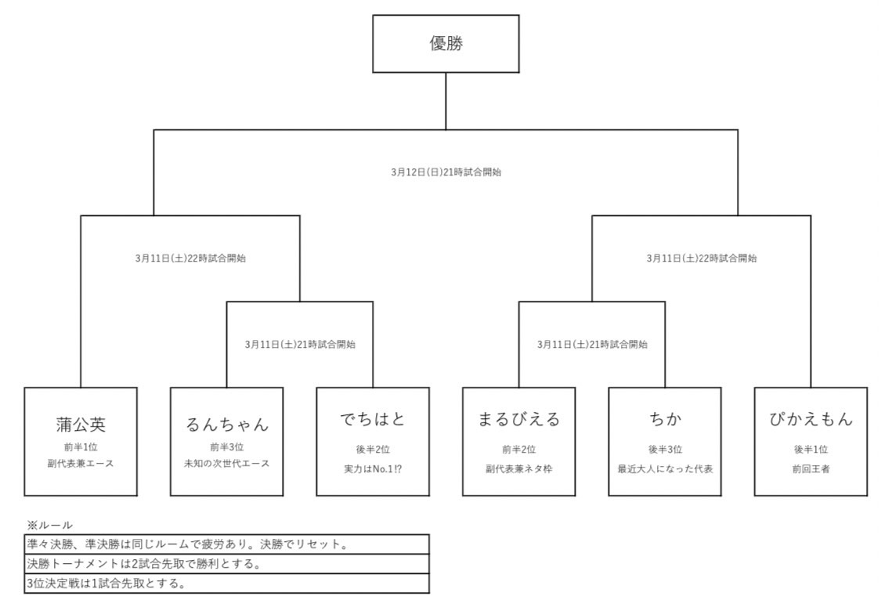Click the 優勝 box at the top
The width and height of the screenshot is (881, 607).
coord(446,44)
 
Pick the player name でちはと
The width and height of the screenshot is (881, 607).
coord(372,421)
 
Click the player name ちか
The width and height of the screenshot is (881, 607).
coord(664,420)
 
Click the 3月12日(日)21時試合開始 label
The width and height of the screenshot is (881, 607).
coord(446,172)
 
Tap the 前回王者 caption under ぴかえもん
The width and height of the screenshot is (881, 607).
coord(811,469)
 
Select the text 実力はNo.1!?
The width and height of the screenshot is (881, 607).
coord(372,469)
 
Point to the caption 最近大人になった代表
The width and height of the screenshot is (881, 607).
coord(664,469)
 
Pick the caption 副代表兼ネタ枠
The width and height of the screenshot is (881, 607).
coord(518,469)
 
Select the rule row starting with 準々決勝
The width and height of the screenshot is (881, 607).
coord(226,544)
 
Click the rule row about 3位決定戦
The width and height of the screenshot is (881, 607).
coord(226,584)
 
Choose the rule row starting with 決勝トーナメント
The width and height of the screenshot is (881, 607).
coord(226,563)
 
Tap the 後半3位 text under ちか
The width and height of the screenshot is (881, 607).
coord(664,450)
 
